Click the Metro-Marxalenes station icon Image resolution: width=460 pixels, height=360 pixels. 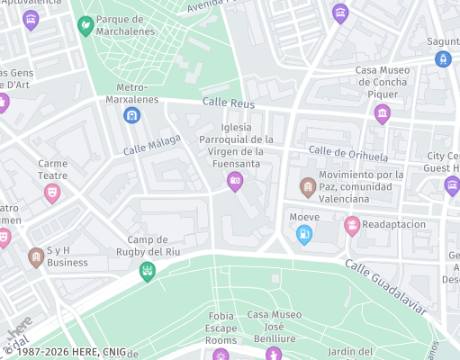132,115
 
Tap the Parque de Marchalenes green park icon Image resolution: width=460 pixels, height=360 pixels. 86,25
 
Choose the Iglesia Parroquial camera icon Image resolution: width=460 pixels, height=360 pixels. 235,182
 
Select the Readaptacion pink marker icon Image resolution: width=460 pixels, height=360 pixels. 352,225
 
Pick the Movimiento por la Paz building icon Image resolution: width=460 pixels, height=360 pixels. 307,187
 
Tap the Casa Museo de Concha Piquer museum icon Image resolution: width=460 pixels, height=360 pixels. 383,113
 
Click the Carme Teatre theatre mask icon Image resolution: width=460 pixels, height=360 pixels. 52,192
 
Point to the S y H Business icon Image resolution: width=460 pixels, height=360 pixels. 36,257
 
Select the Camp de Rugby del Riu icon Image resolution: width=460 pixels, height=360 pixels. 148,271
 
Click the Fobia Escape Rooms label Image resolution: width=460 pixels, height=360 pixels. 221,328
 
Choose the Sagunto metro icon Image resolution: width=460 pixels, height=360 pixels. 442,58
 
